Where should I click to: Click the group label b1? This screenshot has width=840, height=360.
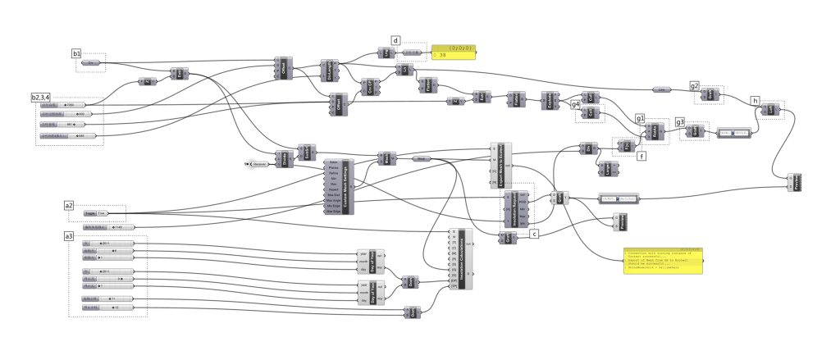(x=76, y=54)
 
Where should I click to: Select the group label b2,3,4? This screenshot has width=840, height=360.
(x=46, y=98)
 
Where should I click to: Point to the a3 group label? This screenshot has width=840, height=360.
(x=70, y=236)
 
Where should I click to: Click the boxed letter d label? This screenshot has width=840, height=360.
(x=396, y=40)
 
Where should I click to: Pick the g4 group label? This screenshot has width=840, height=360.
(x=576, y=105)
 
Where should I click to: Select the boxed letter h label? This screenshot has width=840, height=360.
(x=755, y=100)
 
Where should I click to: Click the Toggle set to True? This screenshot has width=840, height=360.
(x=96, y=213)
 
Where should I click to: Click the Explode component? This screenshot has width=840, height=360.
(x=550, y=100)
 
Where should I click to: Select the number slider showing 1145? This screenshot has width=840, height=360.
(x=107, y=226)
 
